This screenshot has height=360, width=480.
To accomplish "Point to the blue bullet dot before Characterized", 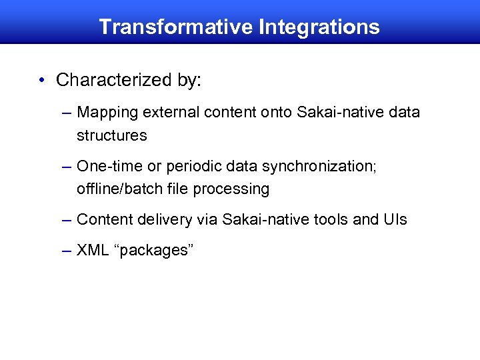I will pos(42,81).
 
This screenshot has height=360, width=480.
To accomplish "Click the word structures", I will pos(111,135).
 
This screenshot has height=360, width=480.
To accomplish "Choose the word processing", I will pos(231,189).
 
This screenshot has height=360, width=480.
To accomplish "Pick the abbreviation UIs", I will pos(396,219).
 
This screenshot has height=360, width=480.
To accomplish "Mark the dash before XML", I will pos(65,251).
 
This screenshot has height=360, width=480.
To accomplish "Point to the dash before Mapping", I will pos(65,113).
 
